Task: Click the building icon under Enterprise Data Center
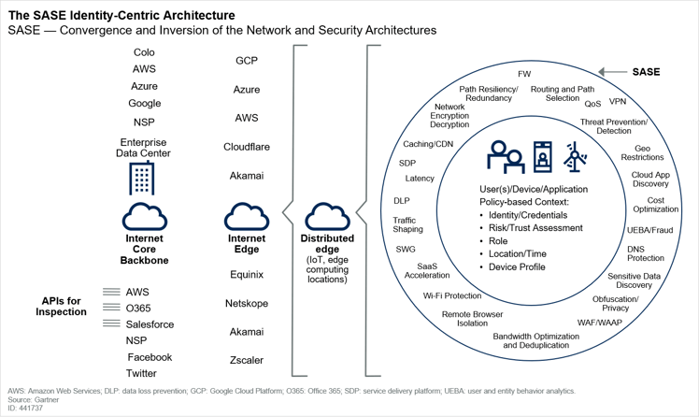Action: point(142,179)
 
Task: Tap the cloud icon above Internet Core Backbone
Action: point(145,217)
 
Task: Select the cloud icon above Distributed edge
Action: point(327,217)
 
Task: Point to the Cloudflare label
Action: point(247,147)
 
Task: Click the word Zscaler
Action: point(247,360)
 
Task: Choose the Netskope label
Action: point(247,303)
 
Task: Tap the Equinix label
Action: point(247,274)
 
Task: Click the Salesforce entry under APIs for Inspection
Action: point(150,324)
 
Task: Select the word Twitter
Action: point(141,373)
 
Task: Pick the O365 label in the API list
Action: point(138,309)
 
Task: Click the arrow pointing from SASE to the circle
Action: point(612,72)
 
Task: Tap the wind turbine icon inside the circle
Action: point(575,157)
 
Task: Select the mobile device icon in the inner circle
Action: point(543,157)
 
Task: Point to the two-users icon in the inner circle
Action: point(505,157)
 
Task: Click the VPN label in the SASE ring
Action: point(618,101)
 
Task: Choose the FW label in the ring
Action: point(524,74)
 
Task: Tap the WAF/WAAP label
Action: point(600,323)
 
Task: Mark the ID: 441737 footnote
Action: point(25,408)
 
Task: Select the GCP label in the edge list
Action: point(247,60)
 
